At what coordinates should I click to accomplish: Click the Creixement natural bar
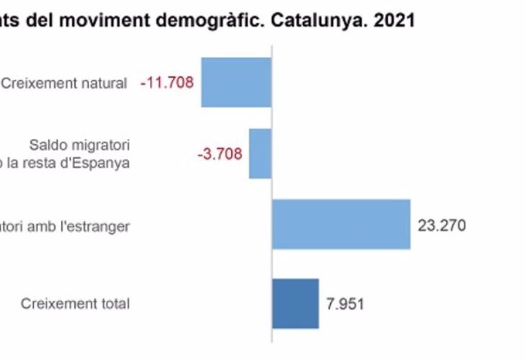tap(236, 82)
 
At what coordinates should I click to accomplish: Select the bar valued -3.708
tap(260, 153)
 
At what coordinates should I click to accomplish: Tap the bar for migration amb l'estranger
tap(341, 225)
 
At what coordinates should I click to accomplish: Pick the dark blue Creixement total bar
tap(295, 302)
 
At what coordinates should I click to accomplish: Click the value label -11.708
tap(167, 83)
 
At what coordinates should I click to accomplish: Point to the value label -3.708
tap(219, 153)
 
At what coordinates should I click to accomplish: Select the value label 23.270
tap(442, 225)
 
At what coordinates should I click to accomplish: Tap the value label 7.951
tap(345, 303)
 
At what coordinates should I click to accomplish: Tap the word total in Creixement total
tap(115, 304)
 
